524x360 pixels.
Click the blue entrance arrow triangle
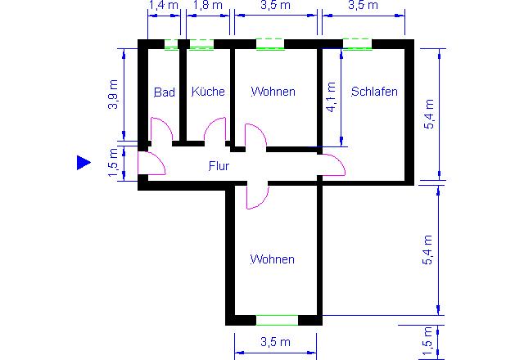pyautogui.click(x=84, y=163)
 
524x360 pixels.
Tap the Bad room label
pyautogui.click(x=165, y=92)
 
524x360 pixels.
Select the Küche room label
pyautogui.click(x=208, y=91)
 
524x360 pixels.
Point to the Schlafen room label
pyautogui.click(x=374, y=91)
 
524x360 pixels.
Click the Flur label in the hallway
pyautogui.click(x=219, y=165)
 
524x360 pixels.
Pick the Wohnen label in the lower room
pyautogui.click(x=273, y=259)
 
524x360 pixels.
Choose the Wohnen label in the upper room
pyautogui.click(x=273, y=91)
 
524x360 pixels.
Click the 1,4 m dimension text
pyautogui.click(x=163, y=5)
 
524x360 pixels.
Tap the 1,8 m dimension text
pyautogui.click(x=207, y=5)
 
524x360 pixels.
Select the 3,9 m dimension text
pyautogui.click(x=113, y=95)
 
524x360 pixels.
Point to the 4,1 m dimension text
pyautogui.click(x=331, y=97)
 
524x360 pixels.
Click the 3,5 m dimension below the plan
pyautogui.click(x=275, y=342)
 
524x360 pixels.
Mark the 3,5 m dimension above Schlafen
pyautogui.click(x=363, y=5)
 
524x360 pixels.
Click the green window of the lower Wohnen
pyautogui.click(x=277, y=320)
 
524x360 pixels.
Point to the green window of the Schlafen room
pyautogui.click(x=357, y=44)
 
